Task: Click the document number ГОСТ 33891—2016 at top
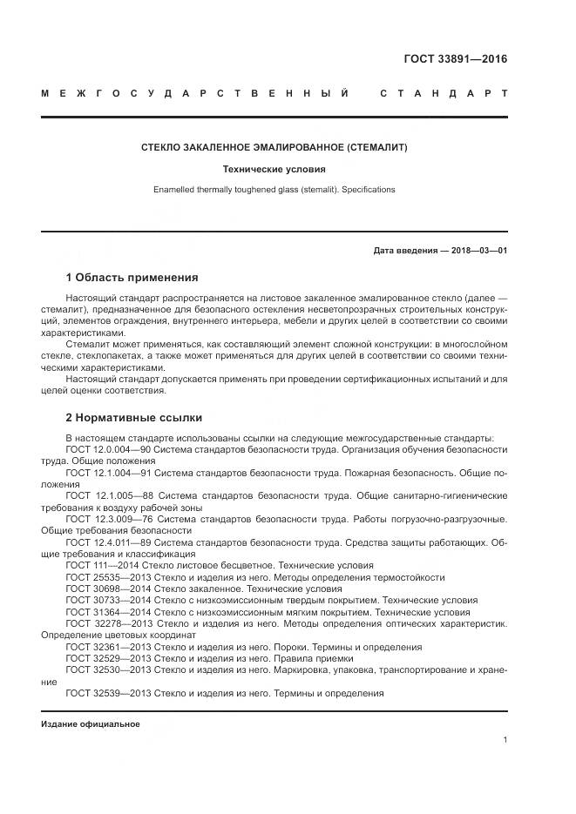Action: pyautogui.click(x=455, y=59)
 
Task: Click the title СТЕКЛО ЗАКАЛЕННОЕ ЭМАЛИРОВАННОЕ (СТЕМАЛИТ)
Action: pyautogui.click(x=274, y=148)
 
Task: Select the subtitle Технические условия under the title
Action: pyautogui.click(x=274, y=170)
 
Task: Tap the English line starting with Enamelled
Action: pyautogui.click(x=274, y=189)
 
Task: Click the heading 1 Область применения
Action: pyautogui.click(x=132, y=278)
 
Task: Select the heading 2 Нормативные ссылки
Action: pyautogui.click(x=133, y=418)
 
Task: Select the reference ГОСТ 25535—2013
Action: pyautogui.click(x=98, y=577)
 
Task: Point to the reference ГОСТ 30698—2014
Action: pyautogui.click(x=98, y=589)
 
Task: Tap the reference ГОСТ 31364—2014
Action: pyautogui.click(x=98, y=612)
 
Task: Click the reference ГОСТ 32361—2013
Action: pyautogui.click(x=98, y=647)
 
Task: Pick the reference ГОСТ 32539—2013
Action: pyautogui.click(x=98, y=693)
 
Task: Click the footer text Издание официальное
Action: pyautogui.click(x=91, y=724)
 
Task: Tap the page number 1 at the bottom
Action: pyautogui.click(x=505, y=739)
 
